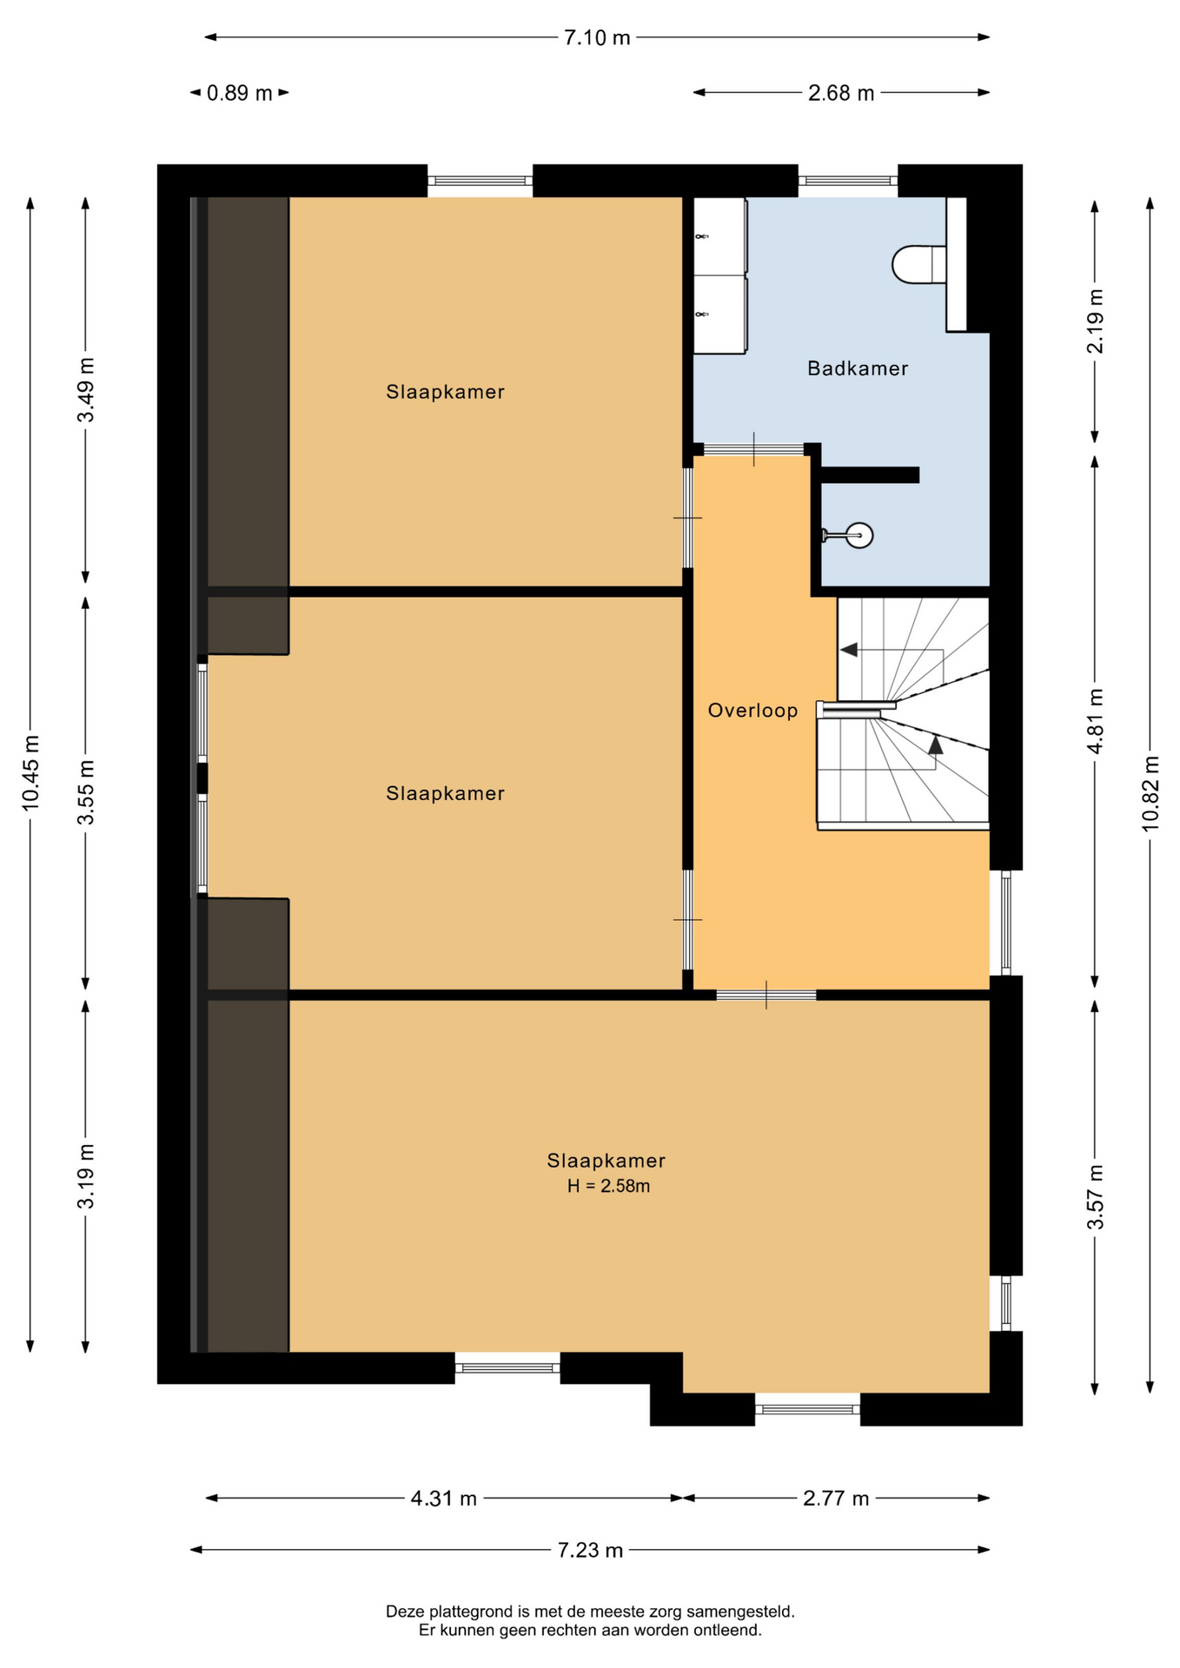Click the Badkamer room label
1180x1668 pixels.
point(858,368)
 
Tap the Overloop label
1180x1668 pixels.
point(752,711)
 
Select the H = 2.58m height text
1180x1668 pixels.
point(608,1186)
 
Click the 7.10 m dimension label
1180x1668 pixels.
point(597,37)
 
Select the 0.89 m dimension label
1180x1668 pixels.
point(240,93)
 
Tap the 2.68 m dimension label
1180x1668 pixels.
point(841,93)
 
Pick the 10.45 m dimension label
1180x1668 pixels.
point(31,773)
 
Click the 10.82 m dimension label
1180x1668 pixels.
point(1150,793)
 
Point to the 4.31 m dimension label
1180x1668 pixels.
point(444,1499)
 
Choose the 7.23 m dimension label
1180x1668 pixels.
point(591,1551)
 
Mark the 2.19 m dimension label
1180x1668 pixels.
point(1096,321)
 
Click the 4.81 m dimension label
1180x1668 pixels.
point(1096,721)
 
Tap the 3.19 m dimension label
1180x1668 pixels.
point(86,1176)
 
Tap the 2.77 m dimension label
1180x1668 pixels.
point(836,1499)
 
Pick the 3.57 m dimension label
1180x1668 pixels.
point(1096,1197)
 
